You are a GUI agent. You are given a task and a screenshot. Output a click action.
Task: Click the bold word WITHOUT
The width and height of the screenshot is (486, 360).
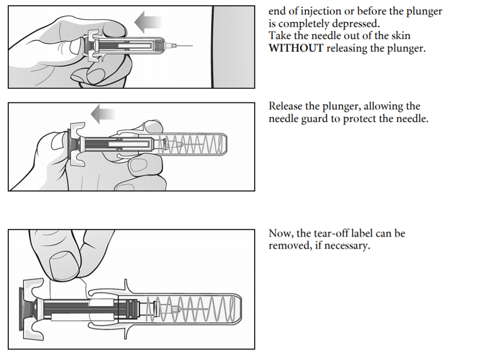point(296,49)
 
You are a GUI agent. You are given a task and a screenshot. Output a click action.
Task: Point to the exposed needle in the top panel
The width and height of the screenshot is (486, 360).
point(185,46)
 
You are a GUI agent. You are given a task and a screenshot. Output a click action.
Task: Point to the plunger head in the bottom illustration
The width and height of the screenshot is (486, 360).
point(23,309)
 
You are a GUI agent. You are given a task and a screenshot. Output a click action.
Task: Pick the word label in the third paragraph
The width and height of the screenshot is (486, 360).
point(369,234)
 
